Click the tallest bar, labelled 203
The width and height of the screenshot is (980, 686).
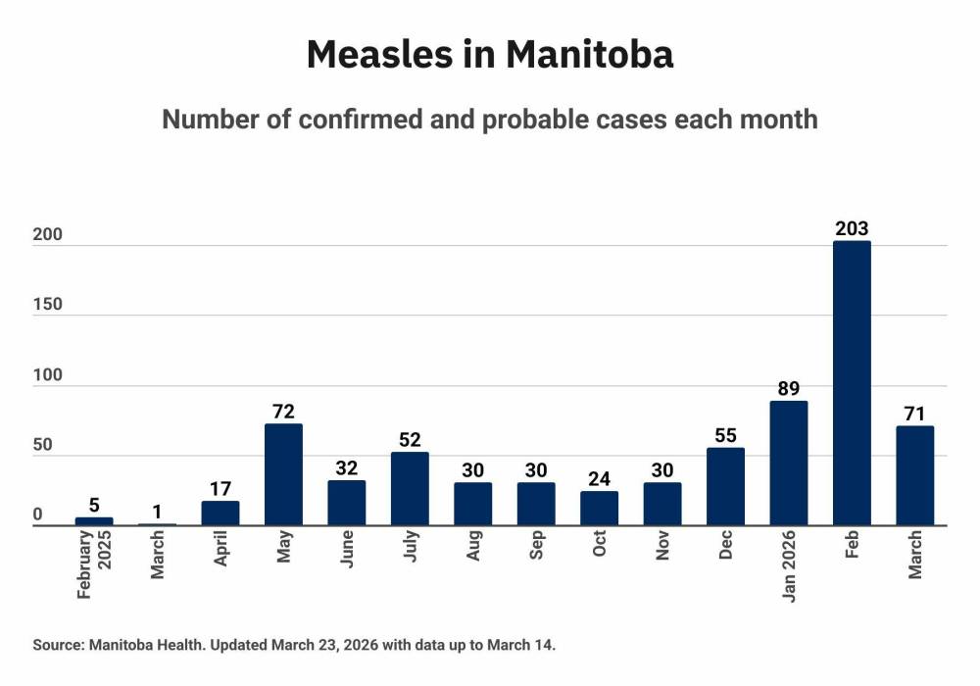point(852,383)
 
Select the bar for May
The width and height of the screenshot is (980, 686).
point(283,475)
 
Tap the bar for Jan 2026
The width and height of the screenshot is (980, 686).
point(789,464)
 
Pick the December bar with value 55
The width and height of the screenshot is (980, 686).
point(725,487)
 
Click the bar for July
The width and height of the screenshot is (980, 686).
point(410,489)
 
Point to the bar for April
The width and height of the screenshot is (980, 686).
point(220,514)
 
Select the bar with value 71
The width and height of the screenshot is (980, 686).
point(914,476)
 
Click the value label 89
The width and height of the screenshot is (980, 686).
point(789,389)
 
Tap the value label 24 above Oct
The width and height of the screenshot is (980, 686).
point(599,479)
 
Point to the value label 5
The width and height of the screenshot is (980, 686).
point(94,506)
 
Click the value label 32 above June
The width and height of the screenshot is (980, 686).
point(347,469)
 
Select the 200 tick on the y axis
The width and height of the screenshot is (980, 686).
point(48,235)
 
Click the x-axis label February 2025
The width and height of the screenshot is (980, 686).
point(94,564)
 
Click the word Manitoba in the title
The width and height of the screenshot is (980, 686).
point(590,55)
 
